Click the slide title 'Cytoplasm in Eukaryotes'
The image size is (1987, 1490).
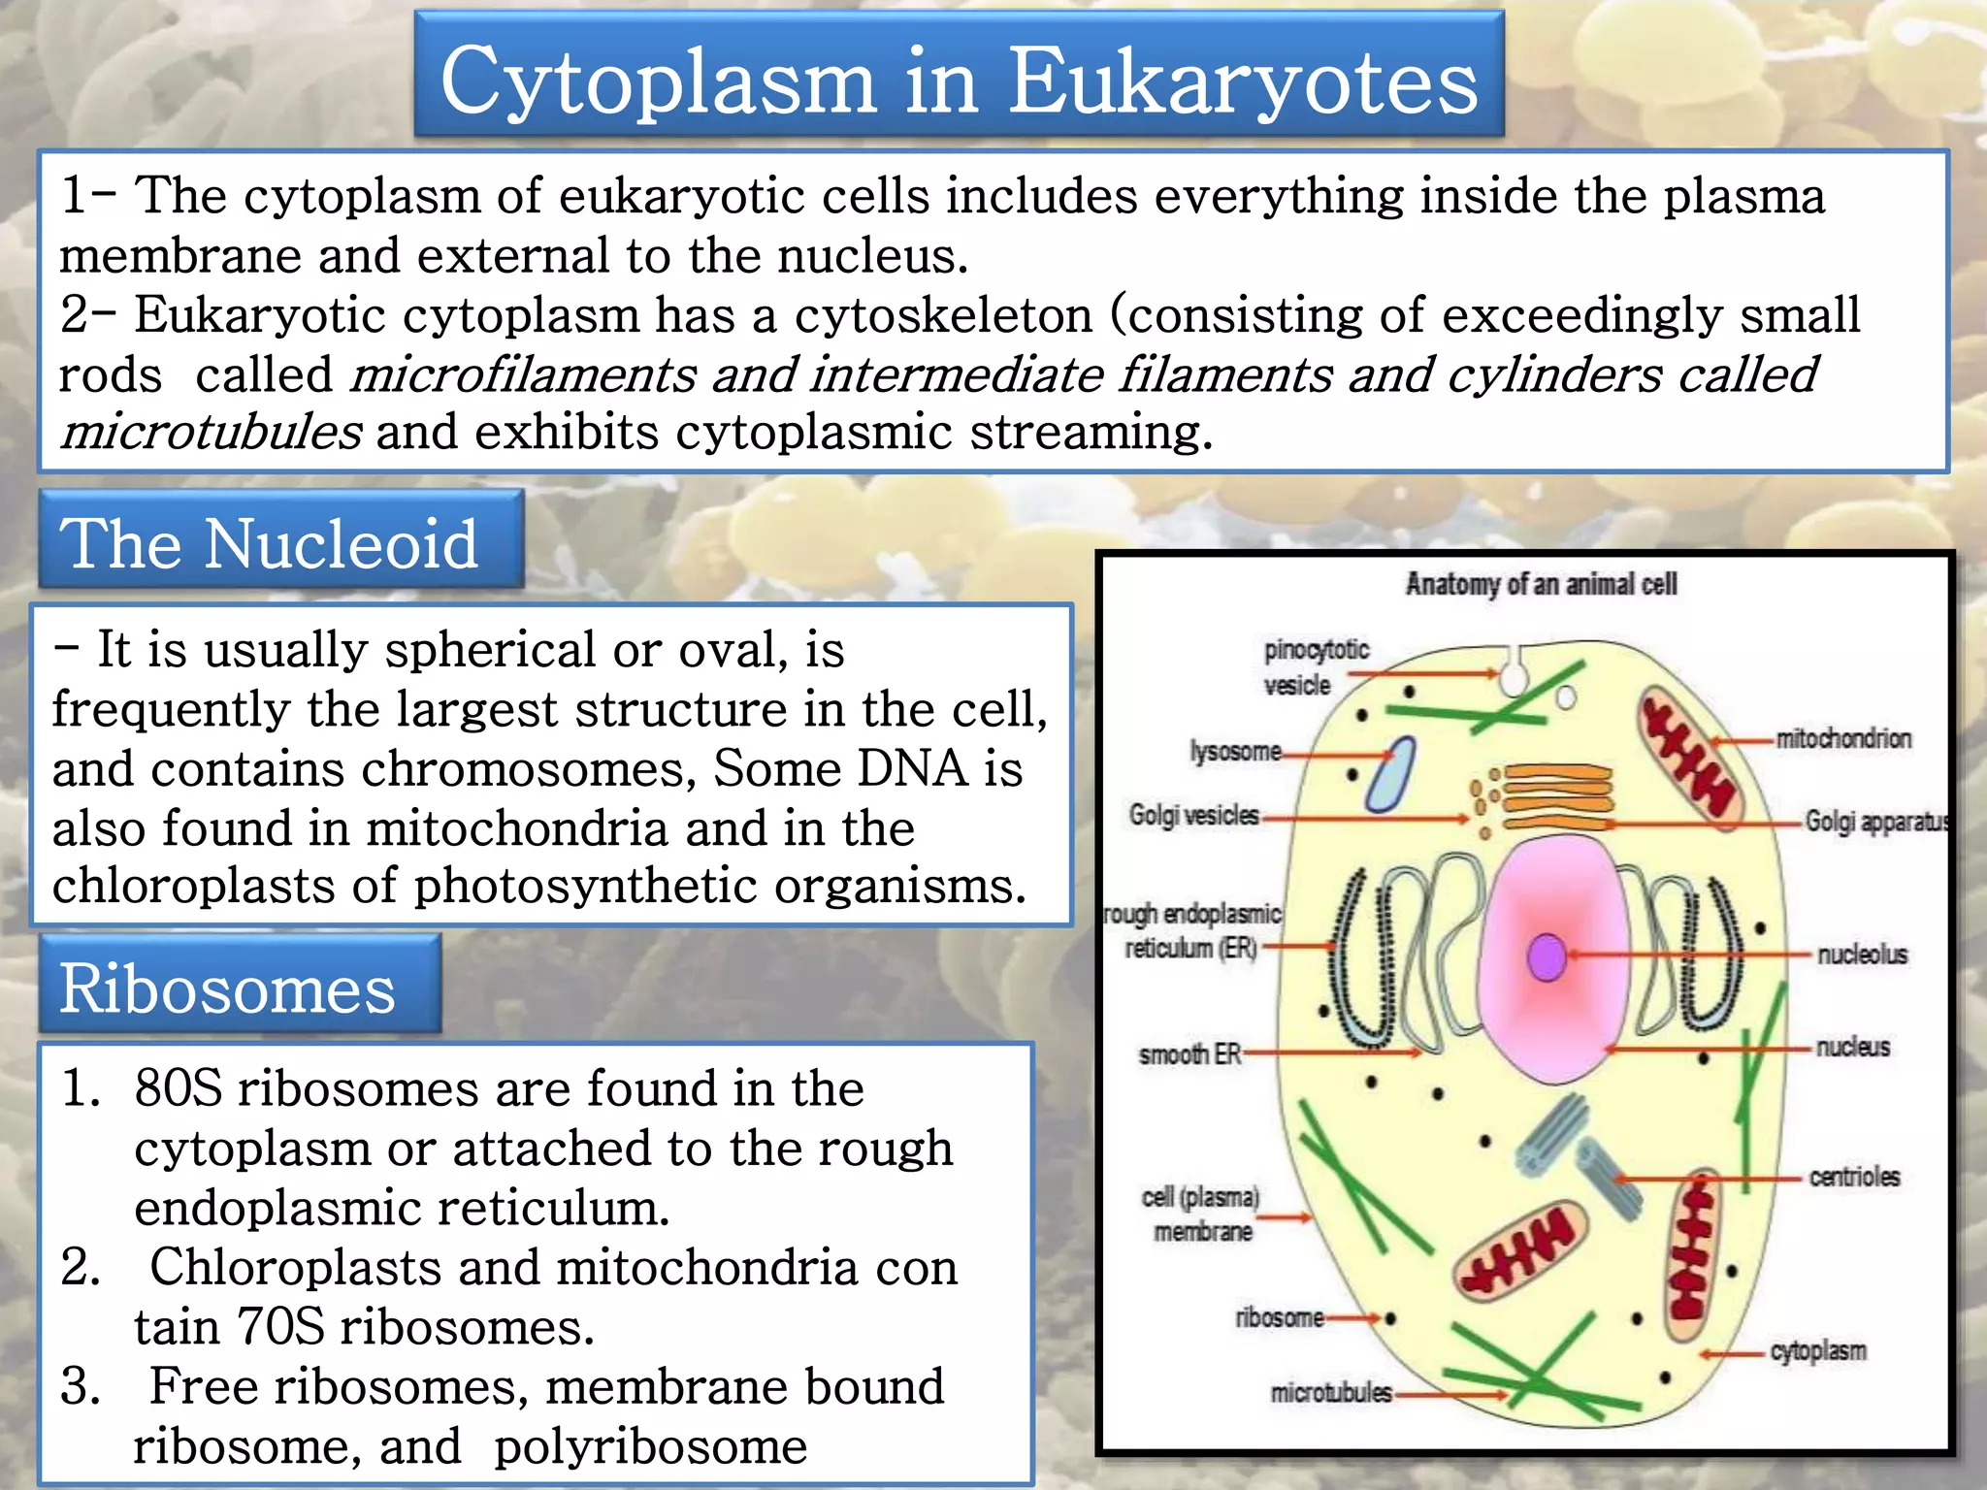click(x=959, y=80)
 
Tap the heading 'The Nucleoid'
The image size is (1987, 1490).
click(x=270, y=543)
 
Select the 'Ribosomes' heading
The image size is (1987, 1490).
click(x=227, y=988)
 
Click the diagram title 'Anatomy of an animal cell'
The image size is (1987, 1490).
click(x=1541, y=584)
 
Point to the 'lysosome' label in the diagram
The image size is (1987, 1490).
click(x=1235, y=752)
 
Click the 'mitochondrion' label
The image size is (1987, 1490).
click(x=1842, y=739)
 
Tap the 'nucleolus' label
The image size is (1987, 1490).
click(x=1862, y=955)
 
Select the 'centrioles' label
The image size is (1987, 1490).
click(x=1854, y=1177)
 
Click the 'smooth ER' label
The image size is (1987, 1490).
click(x=1189, y=1053)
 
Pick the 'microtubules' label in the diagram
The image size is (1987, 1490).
click(x=1330, y=1393)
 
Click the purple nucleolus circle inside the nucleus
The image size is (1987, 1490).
click(x=1546, y=956)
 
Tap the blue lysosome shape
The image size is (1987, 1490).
click(x=1390, y=775)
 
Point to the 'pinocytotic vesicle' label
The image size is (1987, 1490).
click(x=1315, y=666)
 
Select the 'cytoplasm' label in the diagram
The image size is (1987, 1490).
click(x=1817, y=1350)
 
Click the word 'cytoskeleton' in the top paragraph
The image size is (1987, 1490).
click(x=943, y=315)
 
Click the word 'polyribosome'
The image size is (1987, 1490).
click(x=650, y=1446)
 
